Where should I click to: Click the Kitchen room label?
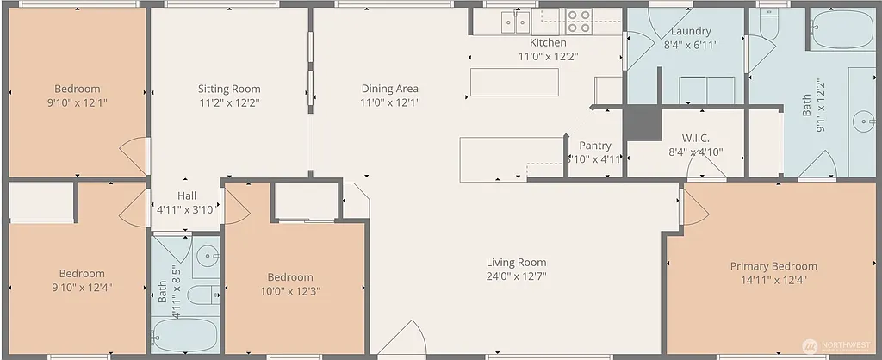(x=548, y=42)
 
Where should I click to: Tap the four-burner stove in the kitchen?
(x=579, y=21)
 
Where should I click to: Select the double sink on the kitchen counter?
(x=516, y=21)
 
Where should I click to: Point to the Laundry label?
(x=691, y=32)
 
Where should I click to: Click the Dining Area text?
(x=389, y=89)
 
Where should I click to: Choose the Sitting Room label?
(x=229, y=89)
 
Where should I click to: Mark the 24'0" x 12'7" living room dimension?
(x=516, y=276)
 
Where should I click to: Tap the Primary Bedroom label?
(x=773, y=266)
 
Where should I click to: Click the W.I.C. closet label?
(x=695, y=138)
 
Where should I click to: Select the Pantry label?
(x=594, y=146)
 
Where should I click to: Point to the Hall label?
(x=187, y=196)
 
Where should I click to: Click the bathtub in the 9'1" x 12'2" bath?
(x=843, y=31)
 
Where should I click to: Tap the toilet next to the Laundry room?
(x=769, y=23)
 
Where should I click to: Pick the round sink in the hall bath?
(x=208, y=256)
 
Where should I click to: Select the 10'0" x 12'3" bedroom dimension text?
(x=289, y=290)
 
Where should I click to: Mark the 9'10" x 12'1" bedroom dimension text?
(x=78, y=102)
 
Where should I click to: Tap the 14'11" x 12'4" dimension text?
(x=773, y=280)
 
